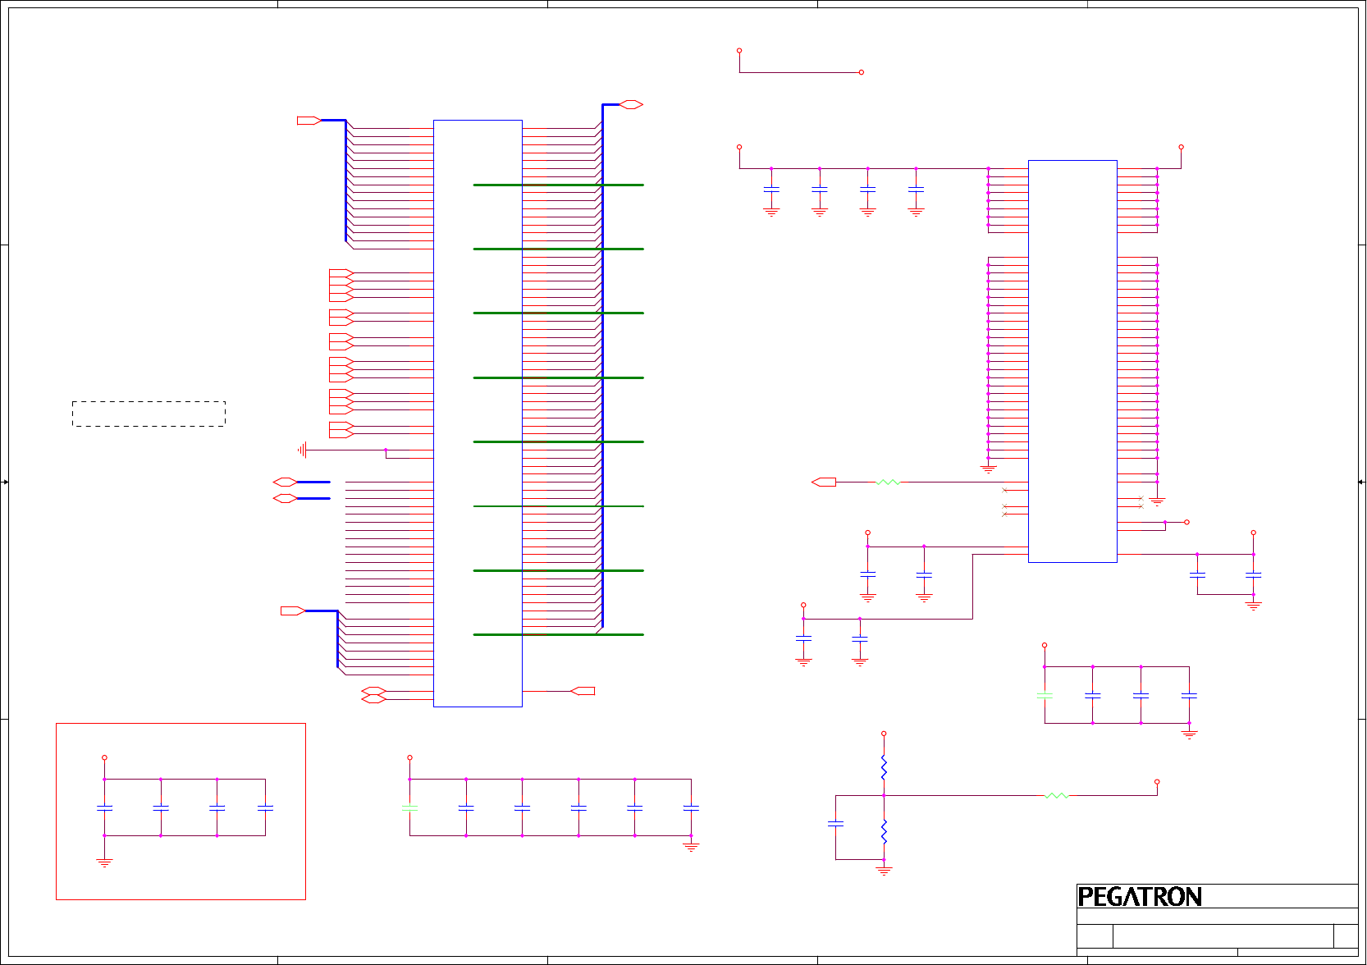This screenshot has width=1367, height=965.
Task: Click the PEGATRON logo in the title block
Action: pos(1139,897)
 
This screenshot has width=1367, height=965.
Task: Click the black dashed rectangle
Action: pos(149,414)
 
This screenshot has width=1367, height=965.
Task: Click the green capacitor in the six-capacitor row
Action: pos(409,807)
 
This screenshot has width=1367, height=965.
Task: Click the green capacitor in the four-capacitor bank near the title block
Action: pos(1045,696)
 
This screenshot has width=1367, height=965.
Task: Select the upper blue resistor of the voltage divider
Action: pos(884,768)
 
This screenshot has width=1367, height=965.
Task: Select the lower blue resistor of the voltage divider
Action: pos(884,832)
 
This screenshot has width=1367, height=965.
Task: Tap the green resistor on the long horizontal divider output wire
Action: pos(1057,795)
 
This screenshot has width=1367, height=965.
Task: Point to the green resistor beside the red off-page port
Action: pos(888,483)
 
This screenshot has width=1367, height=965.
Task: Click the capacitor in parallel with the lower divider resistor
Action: pos(835,823)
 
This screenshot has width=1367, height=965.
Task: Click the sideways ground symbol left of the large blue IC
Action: pos(303,450)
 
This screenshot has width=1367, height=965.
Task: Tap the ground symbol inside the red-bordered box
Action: pos(104,862)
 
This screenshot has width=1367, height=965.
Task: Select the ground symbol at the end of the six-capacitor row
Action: pos(691,846)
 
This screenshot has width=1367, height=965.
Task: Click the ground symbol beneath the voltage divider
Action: pos(884,870)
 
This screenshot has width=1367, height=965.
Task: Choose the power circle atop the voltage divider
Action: pos(884,734)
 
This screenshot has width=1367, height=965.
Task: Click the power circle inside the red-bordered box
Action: pos(104,757)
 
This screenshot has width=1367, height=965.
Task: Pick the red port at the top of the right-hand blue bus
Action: pos(631,104)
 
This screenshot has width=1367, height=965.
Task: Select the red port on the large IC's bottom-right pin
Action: pos(583,691)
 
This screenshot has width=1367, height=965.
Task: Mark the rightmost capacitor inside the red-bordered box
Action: pos(265,807)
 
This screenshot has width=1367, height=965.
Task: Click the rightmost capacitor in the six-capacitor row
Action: pos(691,807)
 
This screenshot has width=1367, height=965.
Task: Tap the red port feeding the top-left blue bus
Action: pos(308,121)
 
